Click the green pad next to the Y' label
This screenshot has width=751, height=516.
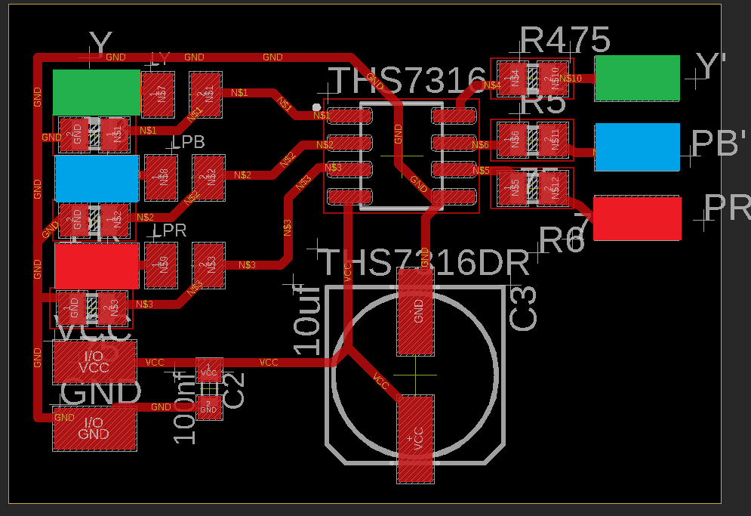click(636, 79)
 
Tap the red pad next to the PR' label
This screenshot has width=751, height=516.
click(637, 218)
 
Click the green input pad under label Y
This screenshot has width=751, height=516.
click(97, 92)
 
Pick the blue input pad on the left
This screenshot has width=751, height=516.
click(97, 178)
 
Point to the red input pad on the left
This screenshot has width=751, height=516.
click(97, 266)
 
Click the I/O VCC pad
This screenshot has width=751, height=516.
click(94, 362)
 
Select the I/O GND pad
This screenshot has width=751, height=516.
click(94, 428)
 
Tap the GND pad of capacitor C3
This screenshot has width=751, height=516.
click(415, 311)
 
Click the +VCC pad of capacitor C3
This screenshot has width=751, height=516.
click(415, 439)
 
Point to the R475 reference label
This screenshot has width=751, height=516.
click(565, 40)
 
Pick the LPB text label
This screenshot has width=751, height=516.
click(189, 143)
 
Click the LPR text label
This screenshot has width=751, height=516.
click(170, 231)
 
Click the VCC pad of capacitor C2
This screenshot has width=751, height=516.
click(209, 370)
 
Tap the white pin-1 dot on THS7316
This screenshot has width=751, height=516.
click(316, 107)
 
